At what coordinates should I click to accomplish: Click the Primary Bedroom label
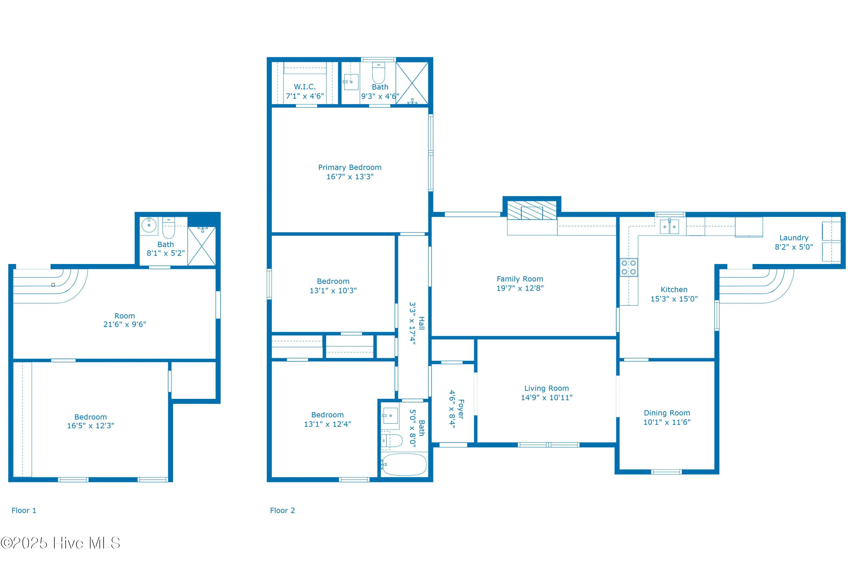[x=350, y=167]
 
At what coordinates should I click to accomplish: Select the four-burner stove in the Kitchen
[x=629, y=267]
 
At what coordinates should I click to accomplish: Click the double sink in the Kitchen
[x=669, y=227]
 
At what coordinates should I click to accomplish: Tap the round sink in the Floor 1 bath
[x=149, y=225]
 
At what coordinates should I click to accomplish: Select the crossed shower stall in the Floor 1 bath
[x=202, y=246]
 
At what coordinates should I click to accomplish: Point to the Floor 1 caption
[x=24, y=511]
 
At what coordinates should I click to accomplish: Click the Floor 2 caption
[x=282, y=511]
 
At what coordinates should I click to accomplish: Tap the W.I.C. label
[x=305, y=87]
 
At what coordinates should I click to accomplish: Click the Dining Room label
[x=667, y=413]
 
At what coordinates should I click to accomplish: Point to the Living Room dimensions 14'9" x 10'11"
[x=547, y=398]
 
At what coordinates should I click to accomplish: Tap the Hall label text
[x=422, y=323]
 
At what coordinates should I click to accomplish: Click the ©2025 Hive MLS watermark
[x=60, y=543]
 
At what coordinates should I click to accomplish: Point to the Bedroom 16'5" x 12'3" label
[x=91, y=421]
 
